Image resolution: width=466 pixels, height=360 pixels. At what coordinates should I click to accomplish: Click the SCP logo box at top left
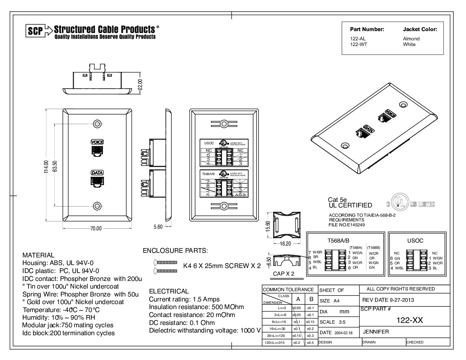click(35, 31)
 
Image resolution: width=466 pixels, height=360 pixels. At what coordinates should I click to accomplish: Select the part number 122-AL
click(358, 39)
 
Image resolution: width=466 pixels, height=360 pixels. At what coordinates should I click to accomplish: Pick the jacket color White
click(409, 44)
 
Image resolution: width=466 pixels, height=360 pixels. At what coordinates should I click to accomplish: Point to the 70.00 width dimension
click(96, 228)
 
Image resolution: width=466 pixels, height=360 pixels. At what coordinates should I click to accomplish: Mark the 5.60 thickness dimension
click(158, 227)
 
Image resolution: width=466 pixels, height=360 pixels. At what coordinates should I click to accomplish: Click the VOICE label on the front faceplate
click(97, 142)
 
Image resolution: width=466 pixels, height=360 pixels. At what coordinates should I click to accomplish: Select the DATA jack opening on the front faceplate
click(97, 182)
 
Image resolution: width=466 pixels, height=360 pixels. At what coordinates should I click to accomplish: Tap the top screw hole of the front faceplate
click(97, 124)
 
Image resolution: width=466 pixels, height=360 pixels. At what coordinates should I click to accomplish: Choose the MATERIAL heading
click(38, 255)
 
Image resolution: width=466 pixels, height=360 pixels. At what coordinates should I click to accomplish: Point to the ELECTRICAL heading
click(169, 291)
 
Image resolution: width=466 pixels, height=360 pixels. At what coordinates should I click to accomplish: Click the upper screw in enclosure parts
click(166, 262)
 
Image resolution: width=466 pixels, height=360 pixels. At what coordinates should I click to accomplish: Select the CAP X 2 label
click(283, 274)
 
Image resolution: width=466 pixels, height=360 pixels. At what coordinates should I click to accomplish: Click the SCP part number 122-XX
click(409, 320)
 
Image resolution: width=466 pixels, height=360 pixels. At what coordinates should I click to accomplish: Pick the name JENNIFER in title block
click(376, 332)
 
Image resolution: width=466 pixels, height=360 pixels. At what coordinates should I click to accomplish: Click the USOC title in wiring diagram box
click(415, 241)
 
